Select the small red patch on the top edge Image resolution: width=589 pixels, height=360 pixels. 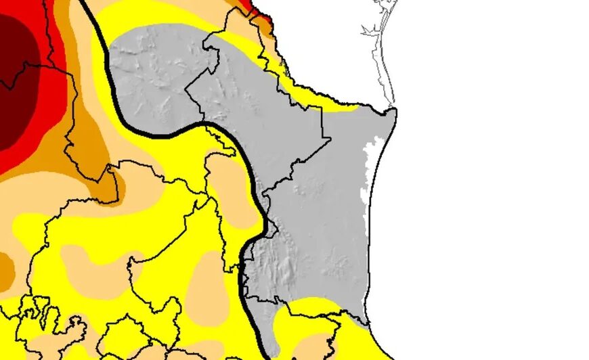tap(260, 9)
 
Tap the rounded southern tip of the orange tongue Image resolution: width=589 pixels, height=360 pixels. tap(112, 196)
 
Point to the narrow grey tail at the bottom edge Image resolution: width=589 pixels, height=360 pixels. tap(271, 345)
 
